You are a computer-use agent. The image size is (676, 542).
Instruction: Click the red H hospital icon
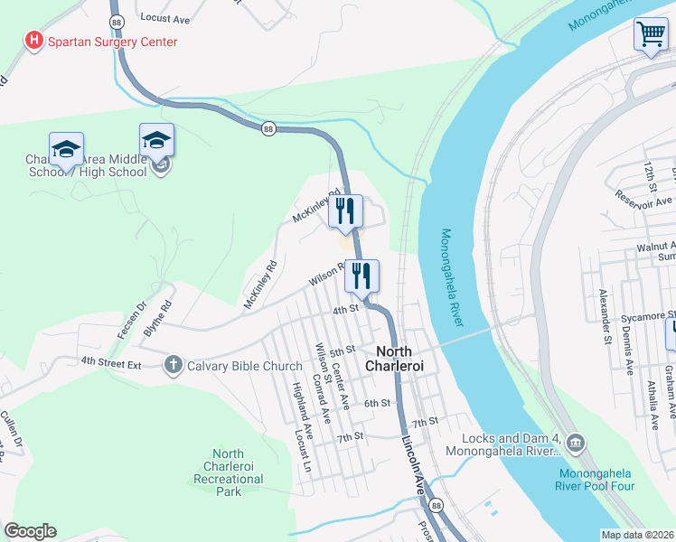pos(33,41)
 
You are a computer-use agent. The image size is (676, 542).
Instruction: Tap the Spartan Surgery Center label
pos(113,42)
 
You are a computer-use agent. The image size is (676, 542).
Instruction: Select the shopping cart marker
pos(651,35)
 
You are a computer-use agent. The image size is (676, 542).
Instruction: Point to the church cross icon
pos(173,365)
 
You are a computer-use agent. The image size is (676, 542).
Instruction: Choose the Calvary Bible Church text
pos(244,366)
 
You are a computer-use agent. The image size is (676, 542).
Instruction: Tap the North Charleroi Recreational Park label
pos(228,472)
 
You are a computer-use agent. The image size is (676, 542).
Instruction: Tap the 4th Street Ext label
pos(111,361)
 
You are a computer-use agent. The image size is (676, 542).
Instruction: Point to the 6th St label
pos(378,403)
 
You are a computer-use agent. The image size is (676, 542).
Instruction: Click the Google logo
pos(30,531)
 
